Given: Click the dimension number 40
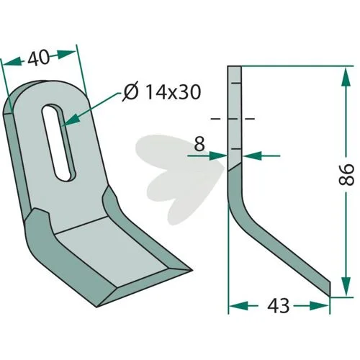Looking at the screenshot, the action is tap(38, 58).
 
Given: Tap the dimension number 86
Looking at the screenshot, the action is tap(346, 174).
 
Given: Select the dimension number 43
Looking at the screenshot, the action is tap(278, 306).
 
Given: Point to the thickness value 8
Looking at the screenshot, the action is tap(199, 144).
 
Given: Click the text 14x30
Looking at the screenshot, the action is tap(173, 92).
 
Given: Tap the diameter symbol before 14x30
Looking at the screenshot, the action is tap(131, 92).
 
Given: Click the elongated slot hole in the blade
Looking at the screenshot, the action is tap(59, 143).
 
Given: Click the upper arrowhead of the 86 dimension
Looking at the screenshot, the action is tap(346, 78).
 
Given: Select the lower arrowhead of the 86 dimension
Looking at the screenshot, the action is tap(346, 286).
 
